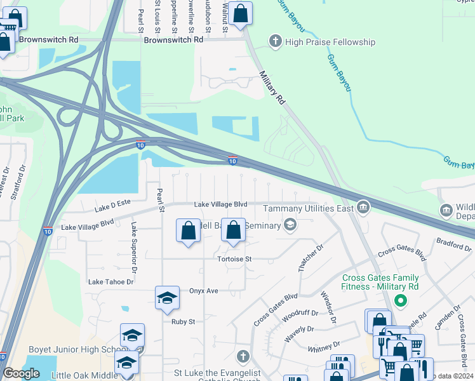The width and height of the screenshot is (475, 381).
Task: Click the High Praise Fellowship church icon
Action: [276, 42]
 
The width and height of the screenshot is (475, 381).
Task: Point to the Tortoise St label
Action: [236, 259]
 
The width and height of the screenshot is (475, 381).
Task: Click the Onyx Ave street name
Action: [203, 291]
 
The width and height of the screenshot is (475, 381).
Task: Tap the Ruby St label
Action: [182, 322]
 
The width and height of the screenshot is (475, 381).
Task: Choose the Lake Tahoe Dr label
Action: [111, 282]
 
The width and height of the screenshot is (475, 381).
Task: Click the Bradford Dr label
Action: [452, 242]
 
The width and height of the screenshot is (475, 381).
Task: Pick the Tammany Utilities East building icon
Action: [363, 206]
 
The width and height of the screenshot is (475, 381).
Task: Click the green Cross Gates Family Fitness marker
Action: [400, 300]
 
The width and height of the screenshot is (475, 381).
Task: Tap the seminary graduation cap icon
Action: [290, 224]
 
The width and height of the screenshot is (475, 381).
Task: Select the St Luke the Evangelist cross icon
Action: [241, 356]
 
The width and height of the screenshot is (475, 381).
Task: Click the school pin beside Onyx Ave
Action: [166, 298]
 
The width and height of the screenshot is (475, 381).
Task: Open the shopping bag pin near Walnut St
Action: [240, 13]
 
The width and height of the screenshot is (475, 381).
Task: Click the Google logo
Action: [22, 373]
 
